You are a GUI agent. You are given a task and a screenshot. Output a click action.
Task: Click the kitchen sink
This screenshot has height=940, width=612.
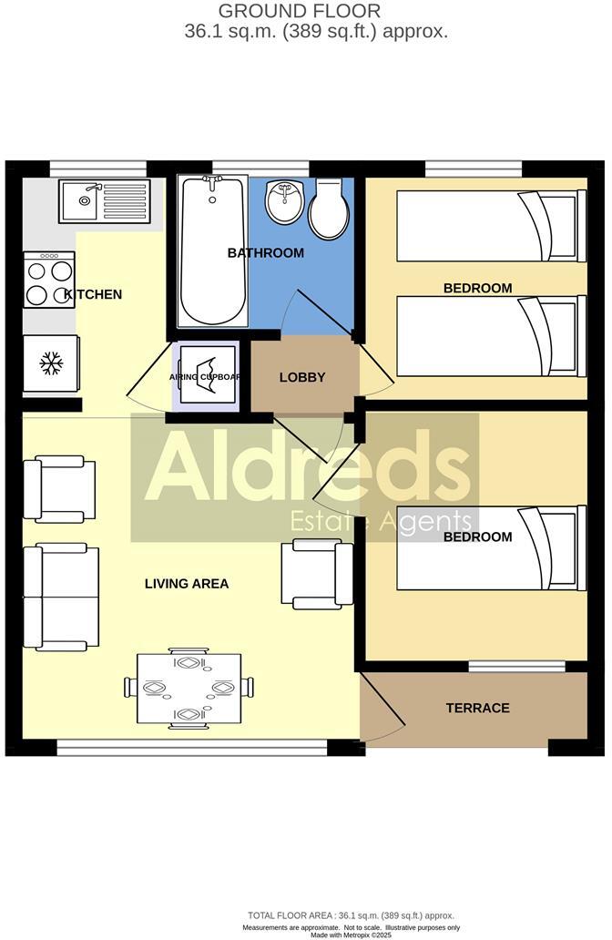point(104,200)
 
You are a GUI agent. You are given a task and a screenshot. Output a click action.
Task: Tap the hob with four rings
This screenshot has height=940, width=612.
point(49,281)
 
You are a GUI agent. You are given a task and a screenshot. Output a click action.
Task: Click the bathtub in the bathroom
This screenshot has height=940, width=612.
point(212,249)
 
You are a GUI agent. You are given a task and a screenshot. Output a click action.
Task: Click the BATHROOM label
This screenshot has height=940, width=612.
point(265,252)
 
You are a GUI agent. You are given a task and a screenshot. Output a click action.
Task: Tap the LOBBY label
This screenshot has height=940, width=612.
point(302,377)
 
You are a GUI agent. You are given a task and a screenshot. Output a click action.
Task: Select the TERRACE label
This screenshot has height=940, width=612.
point(477,708)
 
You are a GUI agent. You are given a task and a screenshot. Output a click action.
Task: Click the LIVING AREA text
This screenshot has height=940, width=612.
point(186,583)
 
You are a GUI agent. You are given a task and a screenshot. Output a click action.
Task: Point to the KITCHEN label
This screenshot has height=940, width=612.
point(93,294)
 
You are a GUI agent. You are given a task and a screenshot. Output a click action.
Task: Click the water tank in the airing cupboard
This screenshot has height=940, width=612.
point(206,374)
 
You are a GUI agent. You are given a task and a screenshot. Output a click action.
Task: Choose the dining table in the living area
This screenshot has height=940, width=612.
point(189,689)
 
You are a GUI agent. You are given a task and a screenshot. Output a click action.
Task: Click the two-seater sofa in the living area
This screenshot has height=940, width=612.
point(60,598)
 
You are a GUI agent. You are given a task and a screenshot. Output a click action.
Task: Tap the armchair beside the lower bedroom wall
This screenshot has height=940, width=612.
point(318,573)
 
